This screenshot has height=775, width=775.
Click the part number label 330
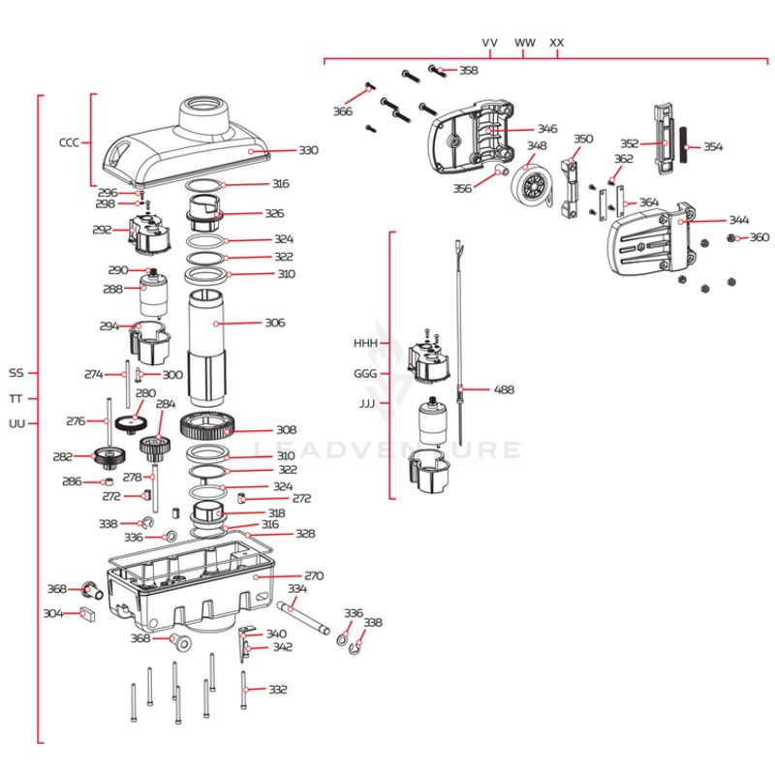point(307,151)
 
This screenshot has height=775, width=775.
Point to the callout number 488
point(504,390)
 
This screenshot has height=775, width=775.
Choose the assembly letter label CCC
point(69,142)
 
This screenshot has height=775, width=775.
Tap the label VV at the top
point(490,43)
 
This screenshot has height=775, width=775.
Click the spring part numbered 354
point(684,147)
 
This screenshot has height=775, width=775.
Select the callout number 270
point(313,575)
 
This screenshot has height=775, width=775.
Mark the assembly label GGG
point(365,373)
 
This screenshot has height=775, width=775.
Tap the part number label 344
point(739,221)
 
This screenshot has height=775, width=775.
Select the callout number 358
point(468,71)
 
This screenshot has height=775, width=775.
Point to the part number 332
point(278,690)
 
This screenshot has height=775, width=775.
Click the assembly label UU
point(16,423)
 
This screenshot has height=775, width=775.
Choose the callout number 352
point(629,144)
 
